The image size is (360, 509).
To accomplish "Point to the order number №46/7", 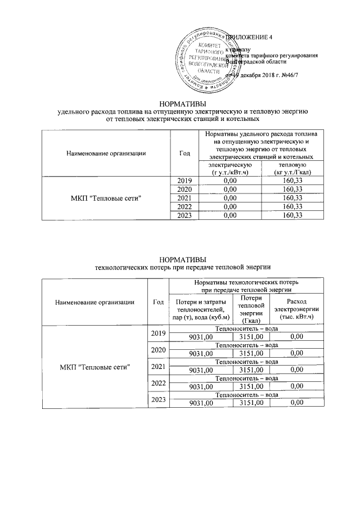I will pos(306,75).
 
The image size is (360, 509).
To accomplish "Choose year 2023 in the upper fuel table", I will pos(185,215).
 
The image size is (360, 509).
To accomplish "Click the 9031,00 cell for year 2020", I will pos(201,353).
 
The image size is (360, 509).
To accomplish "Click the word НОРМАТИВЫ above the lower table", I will pos(183,259).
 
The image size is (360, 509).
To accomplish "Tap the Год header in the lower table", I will pos(158,302).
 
